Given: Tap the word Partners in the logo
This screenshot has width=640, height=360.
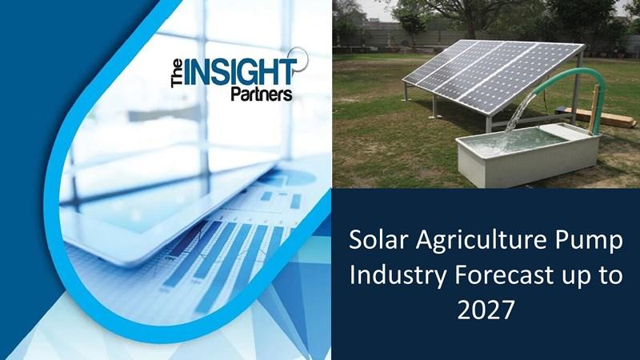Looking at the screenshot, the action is point(262,94).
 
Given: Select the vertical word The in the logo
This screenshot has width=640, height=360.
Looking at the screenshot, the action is point(177,73).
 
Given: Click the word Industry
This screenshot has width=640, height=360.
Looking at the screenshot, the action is point(398,276).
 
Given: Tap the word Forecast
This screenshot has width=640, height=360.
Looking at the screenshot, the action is point(504,275).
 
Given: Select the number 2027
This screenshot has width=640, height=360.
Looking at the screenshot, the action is point(486,310).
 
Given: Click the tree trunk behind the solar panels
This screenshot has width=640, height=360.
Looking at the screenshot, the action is point(470,25).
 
